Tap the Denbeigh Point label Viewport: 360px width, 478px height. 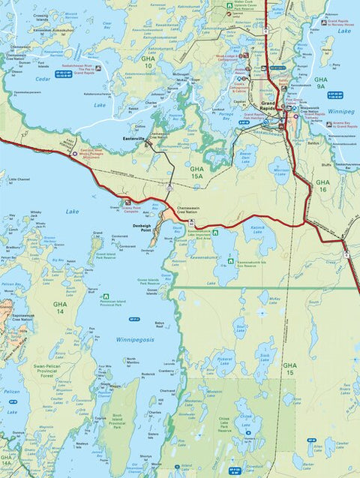click(x=137, y=227)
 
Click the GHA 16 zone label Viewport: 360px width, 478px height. click(x=322, y=186)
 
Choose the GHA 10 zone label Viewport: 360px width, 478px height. click(x=148, y=62)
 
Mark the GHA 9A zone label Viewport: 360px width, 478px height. click(x=321, y=83)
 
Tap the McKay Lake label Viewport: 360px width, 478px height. click(x=274, y=300)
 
